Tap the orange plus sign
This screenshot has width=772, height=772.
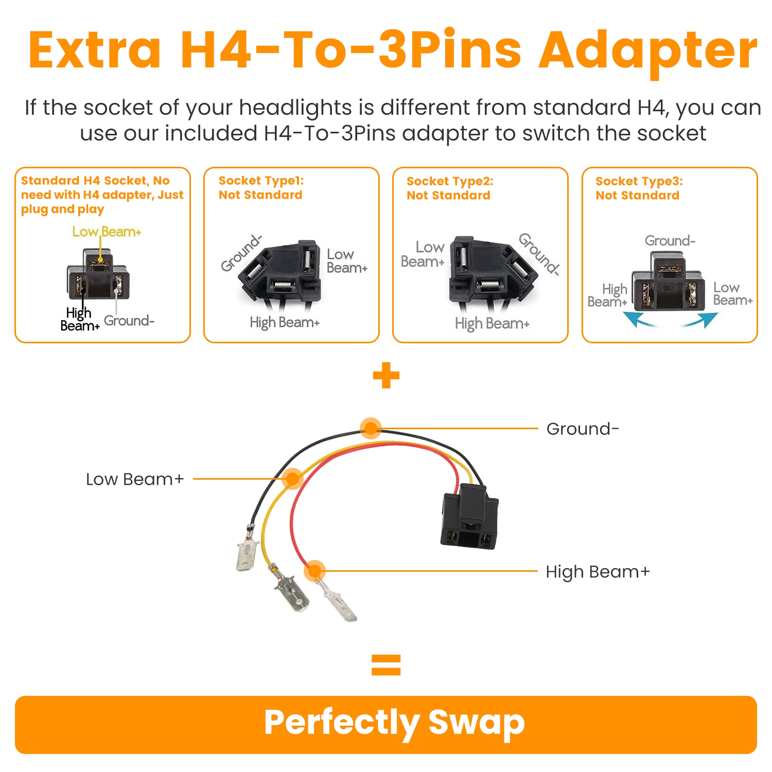pos(386,375)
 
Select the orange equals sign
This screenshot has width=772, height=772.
pos(386,664)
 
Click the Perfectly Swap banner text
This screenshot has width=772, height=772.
pos(394,723)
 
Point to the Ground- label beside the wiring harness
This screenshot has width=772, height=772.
pos(583,429)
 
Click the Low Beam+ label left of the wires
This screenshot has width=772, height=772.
pos(135,479)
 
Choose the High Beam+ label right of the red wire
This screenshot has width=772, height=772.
pos(598,572)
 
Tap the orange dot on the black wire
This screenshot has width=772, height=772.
pos(371,428)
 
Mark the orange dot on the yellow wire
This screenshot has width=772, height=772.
pos(292,479)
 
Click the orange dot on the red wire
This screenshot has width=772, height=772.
pos(314,571)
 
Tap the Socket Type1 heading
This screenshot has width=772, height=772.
pos(261,181)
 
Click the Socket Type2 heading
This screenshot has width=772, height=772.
pos(450,181)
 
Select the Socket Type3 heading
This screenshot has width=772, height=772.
pos(639,181)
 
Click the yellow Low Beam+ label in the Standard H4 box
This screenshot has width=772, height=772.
pos(107,232)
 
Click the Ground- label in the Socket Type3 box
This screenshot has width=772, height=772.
pos(670,240)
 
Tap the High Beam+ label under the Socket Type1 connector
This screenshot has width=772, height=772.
pos(285,323)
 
